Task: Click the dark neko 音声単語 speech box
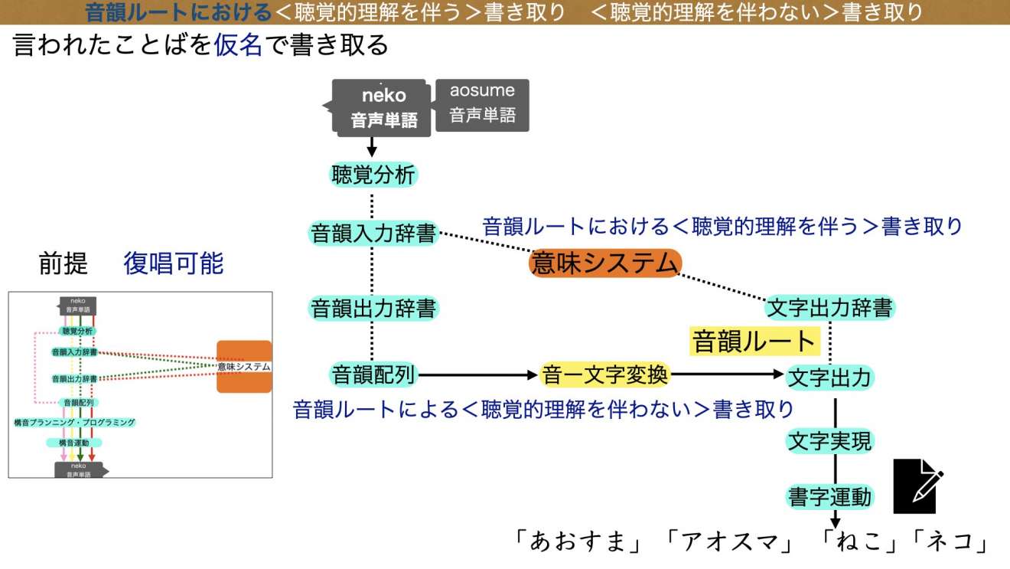pos(383,107)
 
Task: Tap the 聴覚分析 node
pos(373,175)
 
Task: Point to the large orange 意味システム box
pos(604,263)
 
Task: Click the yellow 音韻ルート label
pos(754,341)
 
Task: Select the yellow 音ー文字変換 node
pos(605,374)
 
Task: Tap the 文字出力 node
pos(830,377)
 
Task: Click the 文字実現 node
pos(830,440)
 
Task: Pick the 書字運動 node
pos(830,497)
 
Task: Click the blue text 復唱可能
pos(174,263)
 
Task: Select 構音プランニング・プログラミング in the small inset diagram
pos(74,422)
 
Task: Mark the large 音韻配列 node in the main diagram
pos(373,374)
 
